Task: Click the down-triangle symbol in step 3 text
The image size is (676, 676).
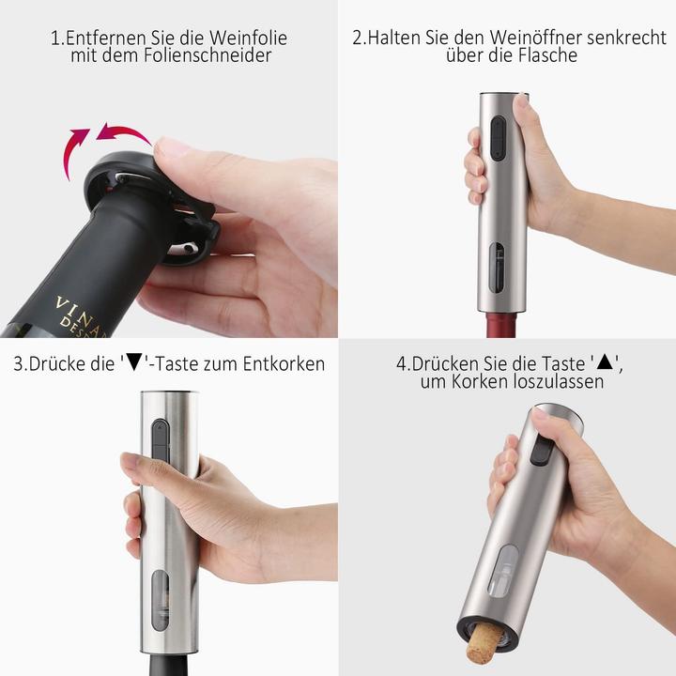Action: click(x=136, y=363)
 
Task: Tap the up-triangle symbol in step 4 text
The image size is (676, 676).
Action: click(x=606, y=363)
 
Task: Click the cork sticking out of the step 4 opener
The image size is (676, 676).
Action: click(x=482, y=644)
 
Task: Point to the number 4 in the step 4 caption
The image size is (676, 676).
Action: click(x=401, y=363)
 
